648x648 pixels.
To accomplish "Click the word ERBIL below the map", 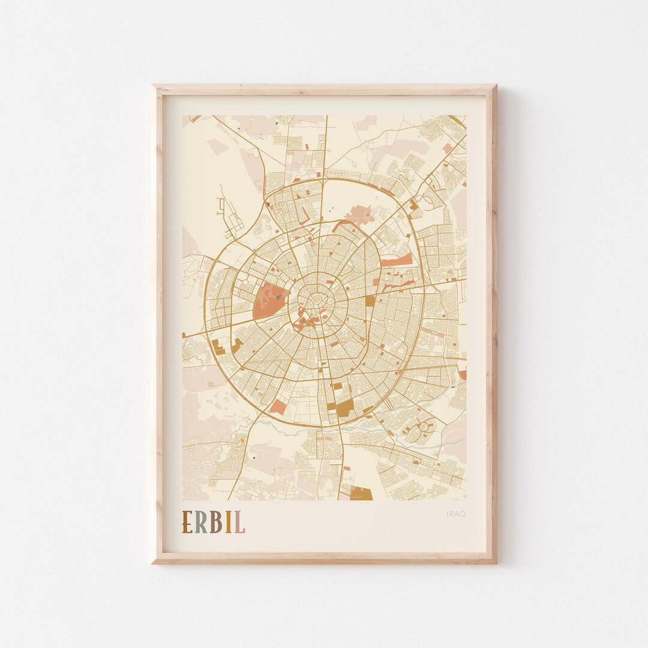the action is [214, 522].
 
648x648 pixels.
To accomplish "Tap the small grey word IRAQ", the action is [456, 513].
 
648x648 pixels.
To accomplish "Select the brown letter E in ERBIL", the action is [188, 522].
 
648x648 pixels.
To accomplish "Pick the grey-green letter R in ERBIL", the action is [202, 522].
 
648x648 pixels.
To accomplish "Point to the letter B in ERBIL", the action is [217, 522].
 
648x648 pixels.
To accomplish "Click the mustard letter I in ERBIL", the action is [229, 522].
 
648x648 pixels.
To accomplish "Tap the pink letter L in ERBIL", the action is [239, 522].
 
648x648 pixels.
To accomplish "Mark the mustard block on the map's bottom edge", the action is [361, 493].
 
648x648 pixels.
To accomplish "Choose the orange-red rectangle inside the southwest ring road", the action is [278, 407].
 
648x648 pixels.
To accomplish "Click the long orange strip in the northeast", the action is [397, 262].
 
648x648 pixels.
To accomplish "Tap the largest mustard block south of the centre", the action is [344, 409].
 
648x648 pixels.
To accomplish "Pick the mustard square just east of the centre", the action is [370, 300].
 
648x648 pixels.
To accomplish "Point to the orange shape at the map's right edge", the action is [463, 374].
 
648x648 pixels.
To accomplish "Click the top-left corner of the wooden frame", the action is [152, 86].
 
